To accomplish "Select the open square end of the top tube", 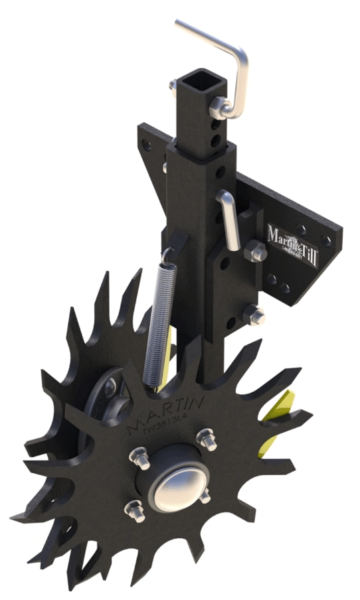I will click(196, 82).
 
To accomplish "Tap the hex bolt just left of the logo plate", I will click(256, 252).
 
